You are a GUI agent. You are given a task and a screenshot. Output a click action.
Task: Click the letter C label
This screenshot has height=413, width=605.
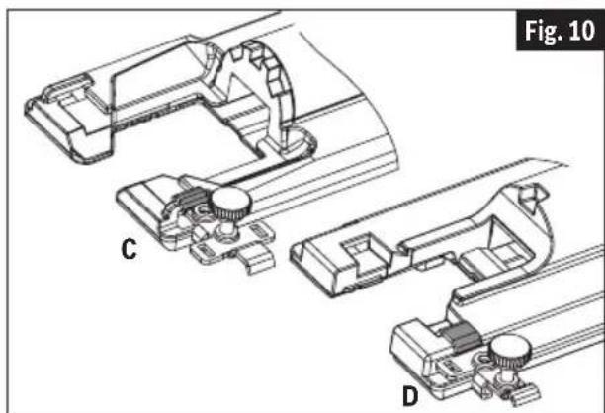click(x=129, y=249)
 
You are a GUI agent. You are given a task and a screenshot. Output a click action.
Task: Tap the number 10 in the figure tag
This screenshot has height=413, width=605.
click(x=582, y=31)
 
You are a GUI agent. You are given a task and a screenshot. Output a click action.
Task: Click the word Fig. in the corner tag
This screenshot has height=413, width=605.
click(x=544, y=31)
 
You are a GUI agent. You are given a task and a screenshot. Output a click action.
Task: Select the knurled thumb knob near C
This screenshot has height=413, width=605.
click(x=231, y=204)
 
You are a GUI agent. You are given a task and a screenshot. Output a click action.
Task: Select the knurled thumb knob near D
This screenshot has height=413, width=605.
click(x=510, y=352)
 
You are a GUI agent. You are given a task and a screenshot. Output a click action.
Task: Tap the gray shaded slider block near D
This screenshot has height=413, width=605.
click(x=461, y=336)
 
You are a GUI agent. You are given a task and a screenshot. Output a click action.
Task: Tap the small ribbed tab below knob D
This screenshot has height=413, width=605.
click(x=526, y=395)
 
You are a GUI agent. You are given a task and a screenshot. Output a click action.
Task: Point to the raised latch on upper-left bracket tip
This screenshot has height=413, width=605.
click(x=68, y=86)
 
